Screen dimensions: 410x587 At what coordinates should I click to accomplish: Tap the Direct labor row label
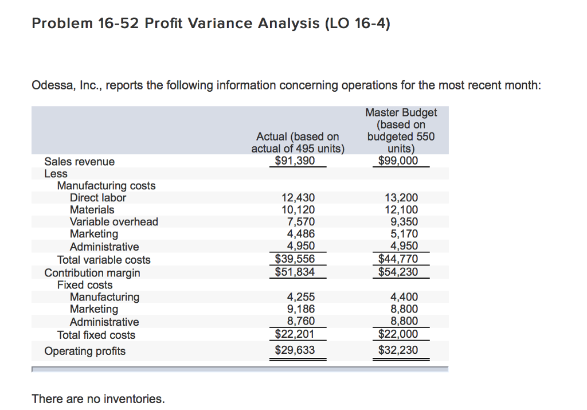tap(98, 198)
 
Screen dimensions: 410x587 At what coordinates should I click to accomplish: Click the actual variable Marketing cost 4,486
tap(300, 234)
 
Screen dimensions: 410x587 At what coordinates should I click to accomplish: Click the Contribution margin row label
tap(92, 273)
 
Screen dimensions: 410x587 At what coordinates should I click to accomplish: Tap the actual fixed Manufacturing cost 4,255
tap(300, 297)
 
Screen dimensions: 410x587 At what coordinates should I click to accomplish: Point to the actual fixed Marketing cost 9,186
tap(300, 309)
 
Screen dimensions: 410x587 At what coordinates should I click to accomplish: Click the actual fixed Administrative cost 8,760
tap(300, 321)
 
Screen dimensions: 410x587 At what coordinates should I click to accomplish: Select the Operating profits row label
tap(85, 351)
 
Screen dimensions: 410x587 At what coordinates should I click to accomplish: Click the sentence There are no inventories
tap(98, 399)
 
